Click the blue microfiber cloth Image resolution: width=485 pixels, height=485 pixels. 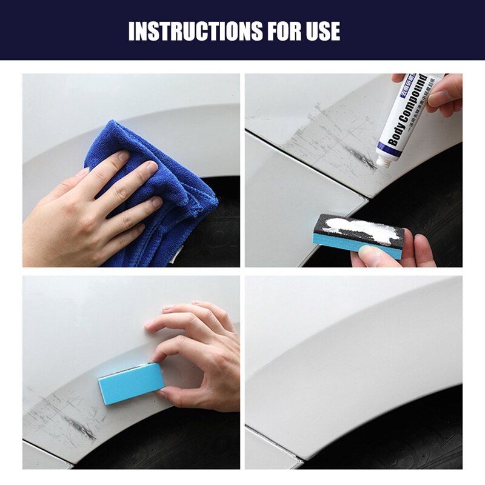pos(170,194)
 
